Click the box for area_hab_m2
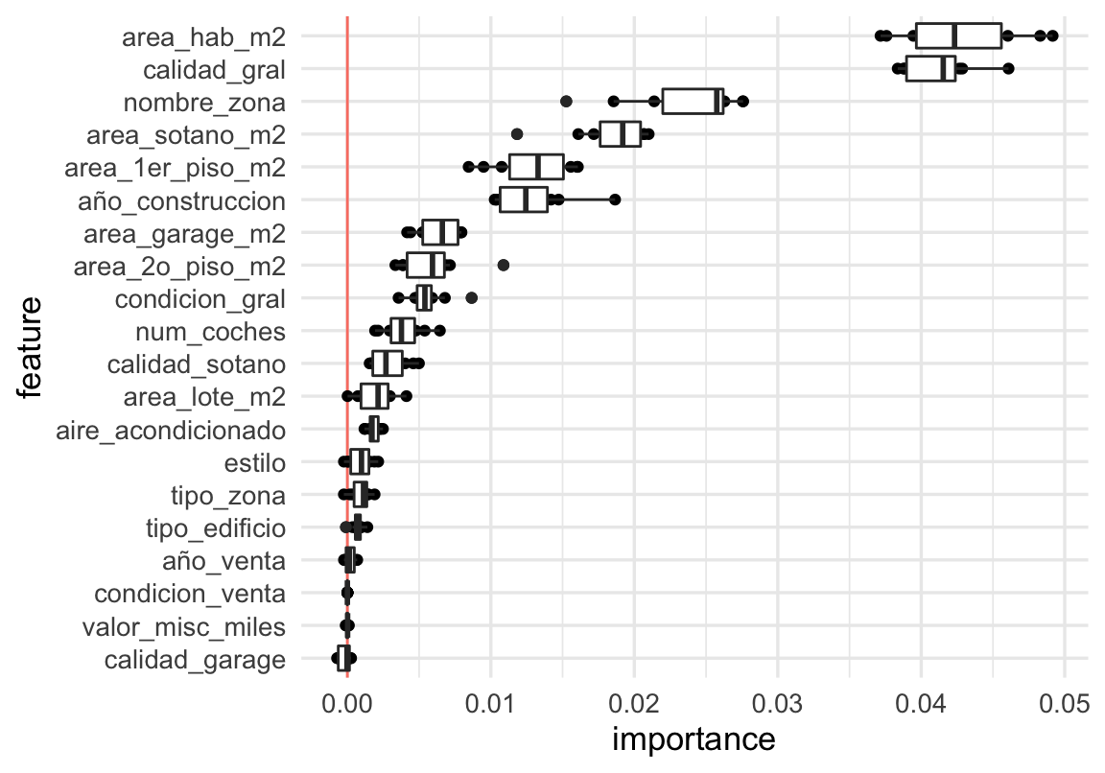pos(959,35)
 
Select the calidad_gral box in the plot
pos(930,68)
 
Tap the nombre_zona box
pos(693,101)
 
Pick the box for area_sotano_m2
pos(620,134)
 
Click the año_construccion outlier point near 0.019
pos(615,199)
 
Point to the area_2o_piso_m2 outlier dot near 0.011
pos(504,265)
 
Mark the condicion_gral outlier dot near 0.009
pos(472,298)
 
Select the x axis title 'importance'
pos(693,741)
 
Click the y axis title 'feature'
pos(32,347)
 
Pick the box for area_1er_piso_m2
pos(536,167)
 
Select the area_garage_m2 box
pos(440,232)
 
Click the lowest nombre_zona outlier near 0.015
pos(566,101)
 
